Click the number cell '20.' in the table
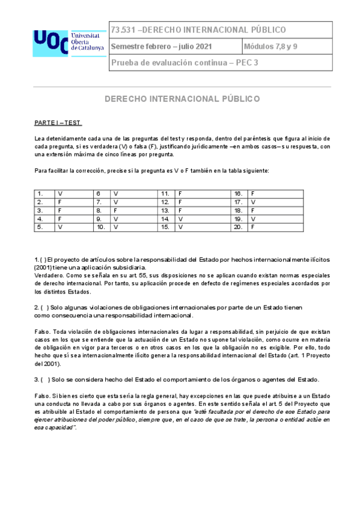pyautogui.click(x=239, y=227)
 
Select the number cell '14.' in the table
pyautogui.click(x=165, y=219)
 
